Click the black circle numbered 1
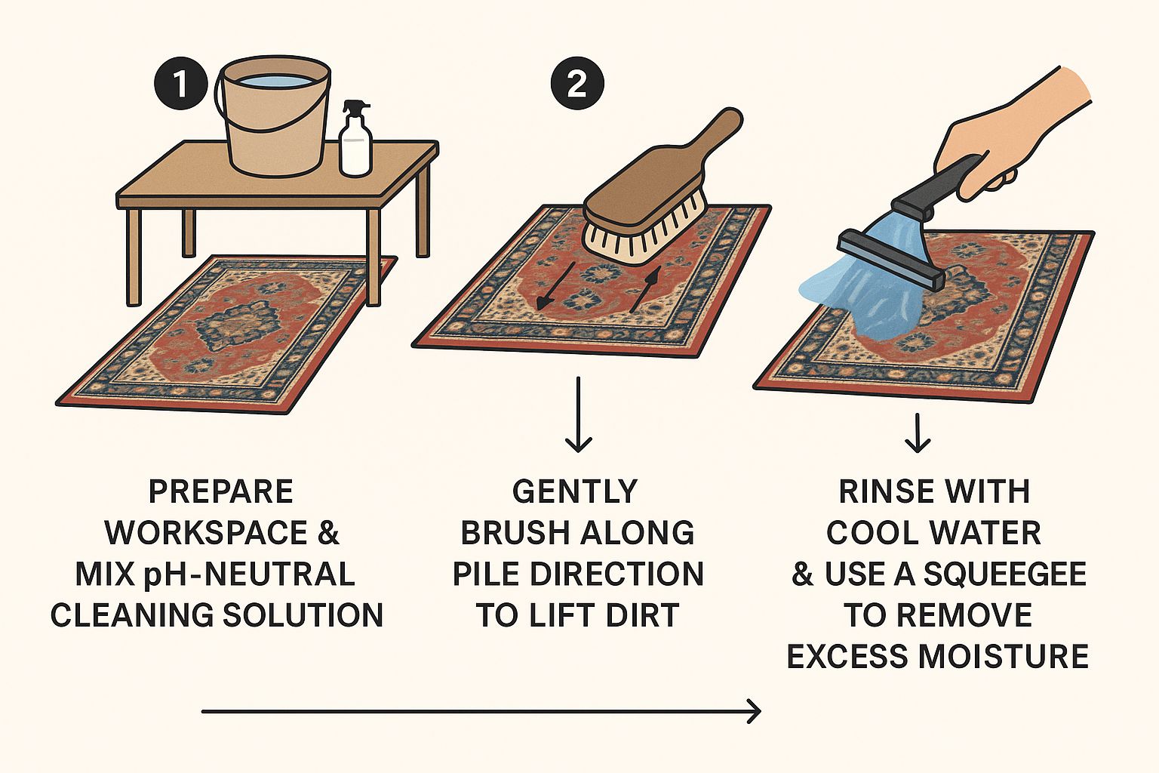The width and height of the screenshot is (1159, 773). pos(181,84)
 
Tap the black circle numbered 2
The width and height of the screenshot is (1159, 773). pos(577,84)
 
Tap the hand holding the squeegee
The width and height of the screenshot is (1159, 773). pos(1011,136)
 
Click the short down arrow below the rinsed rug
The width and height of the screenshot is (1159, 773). pos(918,433)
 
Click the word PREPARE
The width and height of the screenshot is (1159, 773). pos(220,492)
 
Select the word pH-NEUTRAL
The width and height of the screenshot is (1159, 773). pos(260,574)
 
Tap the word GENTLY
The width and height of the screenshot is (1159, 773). pos(575,492)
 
